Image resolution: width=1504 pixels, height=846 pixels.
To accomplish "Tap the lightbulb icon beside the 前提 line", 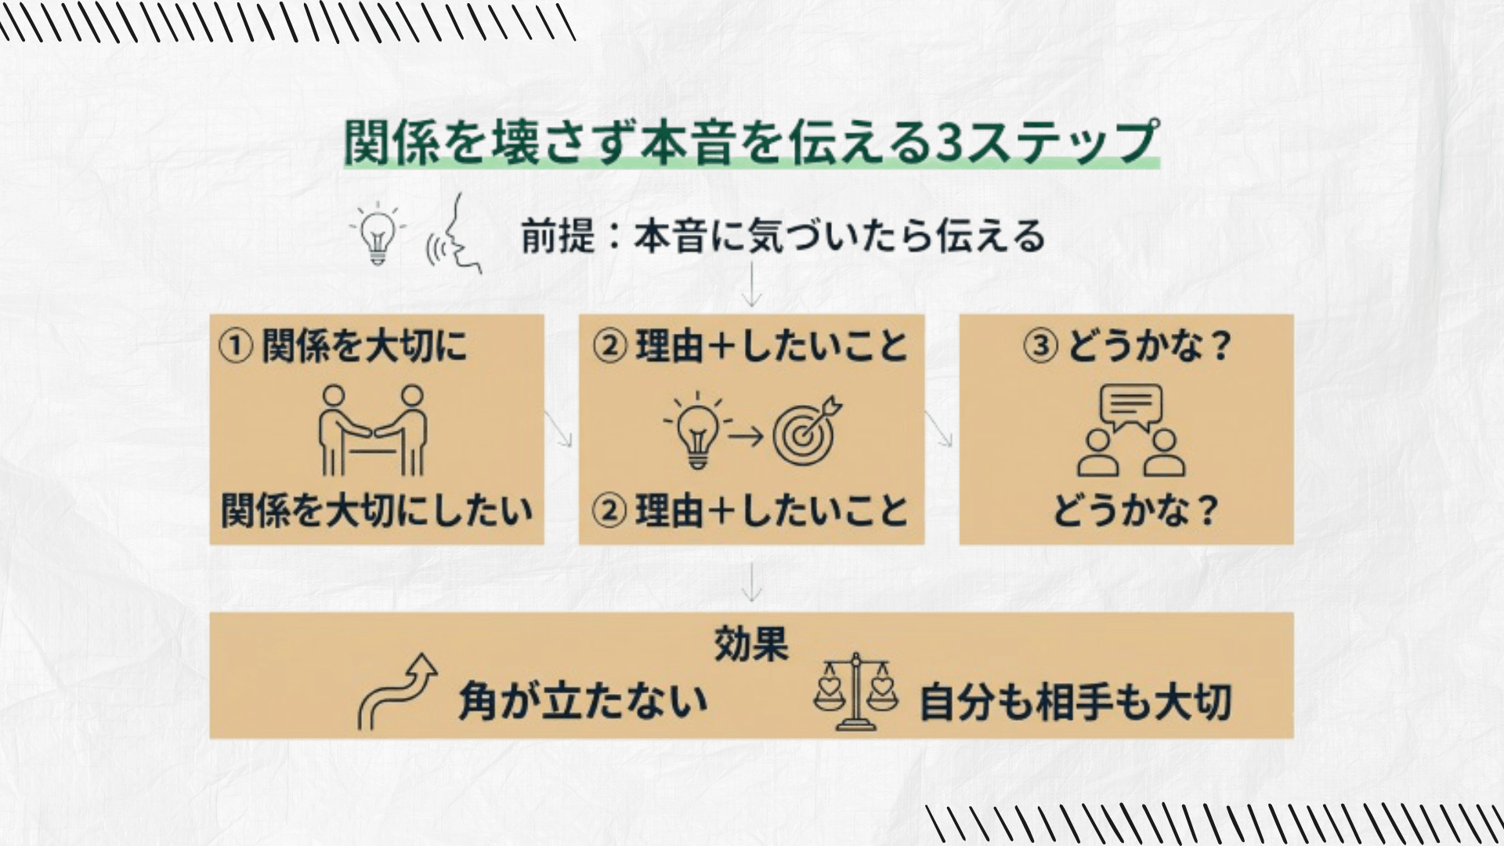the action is pos(378,233).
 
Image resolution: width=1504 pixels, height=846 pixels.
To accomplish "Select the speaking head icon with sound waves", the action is pos(454,233).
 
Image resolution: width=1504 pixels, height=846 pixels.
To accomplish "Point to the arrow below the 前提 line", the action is pos(751,284).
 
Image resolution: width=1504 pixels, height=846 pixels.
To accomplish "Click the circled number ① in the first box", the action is pos(235,346).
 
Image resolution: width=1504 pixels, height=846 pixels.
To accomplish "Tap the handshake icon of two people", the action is pos(373,430).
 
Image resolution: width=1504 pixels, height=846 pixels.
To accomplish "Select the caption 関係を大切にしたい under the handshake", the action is pos(377,510).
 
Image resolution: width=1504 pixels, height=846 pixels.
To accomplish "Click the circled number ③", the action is pos(1040,346).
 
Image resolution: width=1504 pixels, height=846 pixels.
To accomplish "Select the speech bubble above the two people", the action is pos(1130,407).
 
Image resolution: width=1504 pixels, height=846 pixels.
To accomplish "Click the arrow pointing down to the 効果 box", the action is pos(751,581).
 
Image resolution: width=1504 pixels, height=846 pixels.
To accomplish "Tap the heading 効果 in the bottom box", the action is pos(750,645).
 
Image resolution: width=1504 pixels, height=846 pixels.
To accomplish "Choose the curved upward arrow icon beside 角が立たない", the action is pos(397,692).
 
